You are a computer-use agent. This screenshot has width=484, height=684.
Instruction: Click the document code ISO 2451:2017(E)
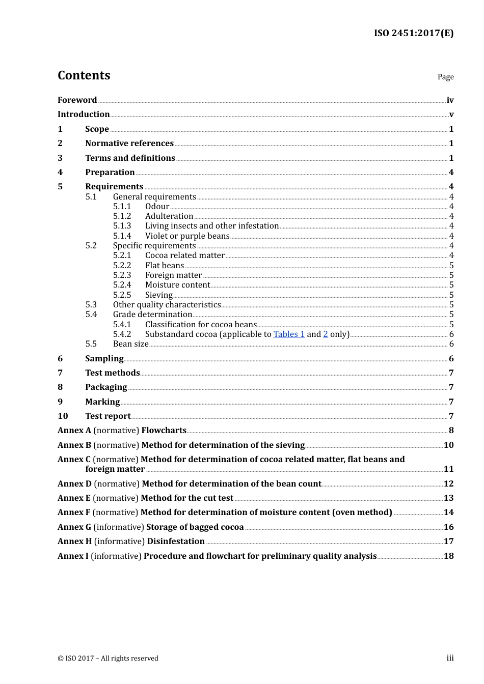[x=413, y=33]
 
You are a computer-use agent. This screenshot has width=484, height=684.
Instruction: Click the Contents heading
[x=84, y=75]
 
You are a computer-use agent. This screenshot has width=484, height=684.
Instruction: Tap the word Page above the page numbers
[x=445, y=77]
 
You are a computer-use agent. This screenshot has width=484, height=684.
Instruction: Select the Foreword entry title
[x=77, y=100]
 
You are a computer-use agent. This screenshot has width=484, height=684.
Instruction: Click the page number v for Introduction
[x=451, y=115]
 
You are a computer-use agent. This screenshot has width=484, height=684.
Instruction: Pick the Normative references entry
[x=129, y=144]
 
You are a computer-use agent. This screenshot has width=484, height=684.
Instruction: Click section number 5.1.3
[x=122, y=226]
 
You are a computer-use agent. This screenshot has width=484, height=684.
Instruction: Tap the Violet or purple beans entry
[x=187, y=236]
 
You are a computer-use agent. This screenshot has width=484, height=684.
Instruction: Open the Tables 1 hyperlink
[x=289, y=334]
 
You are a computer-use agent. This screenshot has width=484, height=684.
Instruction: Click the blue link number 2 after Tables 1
[x=326, y=334]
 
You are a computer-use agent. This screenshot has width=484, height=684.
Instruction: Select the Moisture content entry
[x=177, y=285]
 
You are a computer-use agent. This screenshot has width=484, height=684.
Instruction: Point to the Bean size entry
[x=130, y=344]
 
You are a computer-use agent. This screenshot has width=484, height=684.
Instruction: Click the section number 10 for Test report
[x=63, y=416]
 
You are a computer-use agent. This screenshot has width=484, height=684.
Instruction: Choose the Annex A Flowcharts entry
[x=122, y=431]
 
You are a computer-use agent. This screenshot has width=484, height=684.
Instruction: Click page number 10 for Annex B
[x=448, y=445]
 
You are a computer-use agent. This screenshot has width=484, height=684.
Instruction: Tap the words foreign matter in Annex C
[x=115, y=469]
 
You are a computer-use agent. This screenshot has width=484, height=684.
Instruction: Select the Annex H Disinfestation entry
[x=131, y=541]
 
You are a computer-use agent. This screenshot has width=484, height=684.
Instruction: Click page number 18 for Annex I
[x=448, y=556]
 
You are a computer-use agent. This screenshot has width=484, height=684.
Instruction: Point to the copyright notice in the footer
[x=108, y=659]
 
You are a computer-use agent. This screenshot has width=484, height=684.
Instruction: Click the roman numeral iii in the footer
[x=450, y=658]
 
